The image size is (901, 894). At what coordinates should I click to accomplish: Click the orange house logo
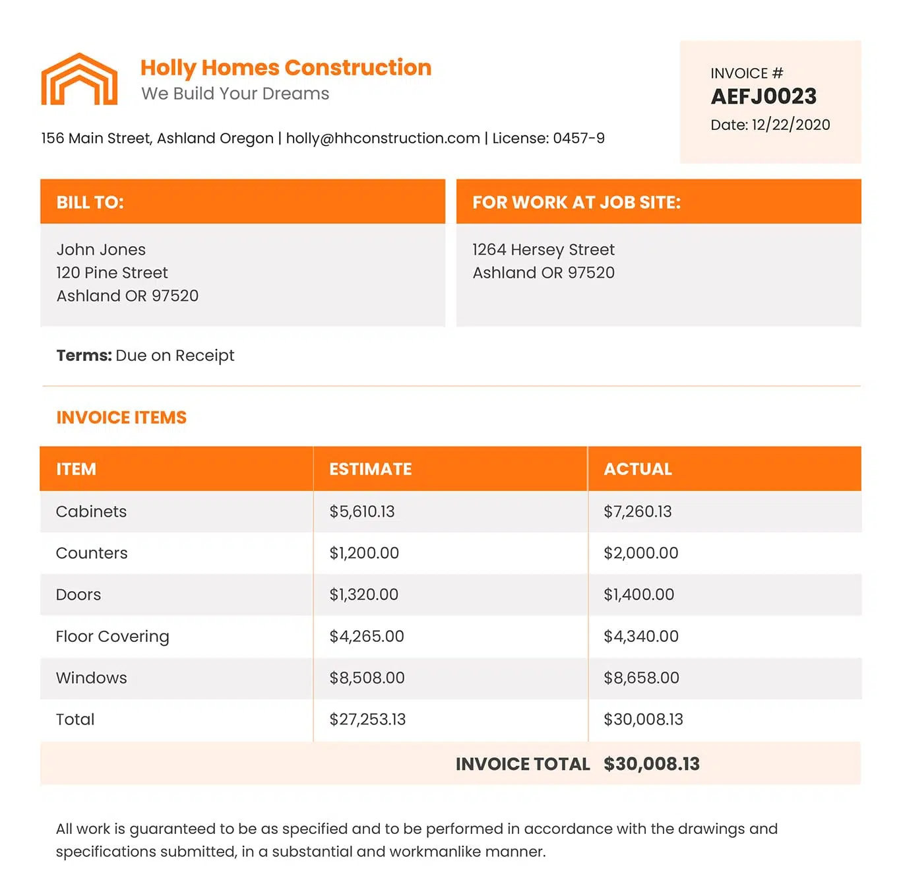pos(79,79)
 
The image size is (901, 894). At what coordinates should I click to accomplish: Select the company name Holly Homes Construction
pos(286,67)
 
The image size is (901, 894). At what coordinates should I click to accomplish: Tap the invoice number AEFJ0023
pos(763,96)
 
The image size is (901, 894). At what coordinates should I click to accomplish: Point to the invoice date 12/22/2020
pos(790,125)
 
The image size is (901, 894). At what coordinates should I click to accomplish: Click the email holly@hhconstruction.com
pos(383,138)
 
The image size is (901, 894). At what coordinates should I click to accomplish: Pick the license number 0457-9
pos(578,138)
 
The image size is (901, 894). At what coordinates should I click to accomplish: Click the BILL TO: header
pos(90,202)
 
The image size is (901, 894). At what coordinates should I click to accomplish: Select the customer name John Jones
pos(101,249)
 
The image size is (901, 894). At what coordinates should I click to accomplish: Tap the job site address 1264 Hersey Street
pos(543,249)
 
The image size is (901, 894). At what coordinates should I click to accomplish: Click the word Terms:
pos(84,355)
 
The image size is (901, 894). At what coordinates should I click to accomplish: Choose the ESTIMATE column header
pos(370,469)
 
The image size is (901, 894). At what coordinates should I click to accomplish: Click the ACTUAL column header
pos(637,469)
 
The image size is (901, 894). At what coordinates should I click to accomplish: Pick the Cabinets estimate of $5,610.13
pos(361,511)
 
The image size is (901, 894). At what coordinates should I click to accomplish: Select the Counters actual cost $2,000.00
pos(640,553)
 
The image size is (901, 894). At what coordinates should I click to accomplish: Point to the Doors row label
pos(78,594)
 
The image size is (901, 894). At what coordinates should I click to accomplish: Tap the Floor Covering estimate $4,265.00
pos(366,636)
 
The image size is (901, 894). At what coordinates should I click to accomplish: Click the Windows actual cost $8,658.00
pos(640,678)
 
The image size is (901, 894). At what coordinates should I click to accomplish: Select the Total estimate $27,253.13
pos(367,719)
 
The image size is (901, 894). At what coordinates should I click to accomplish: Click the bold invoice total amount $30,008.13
pos(651,764)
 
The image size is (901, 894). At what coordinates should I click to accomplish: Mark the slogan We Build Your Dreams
pos(235,94)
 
